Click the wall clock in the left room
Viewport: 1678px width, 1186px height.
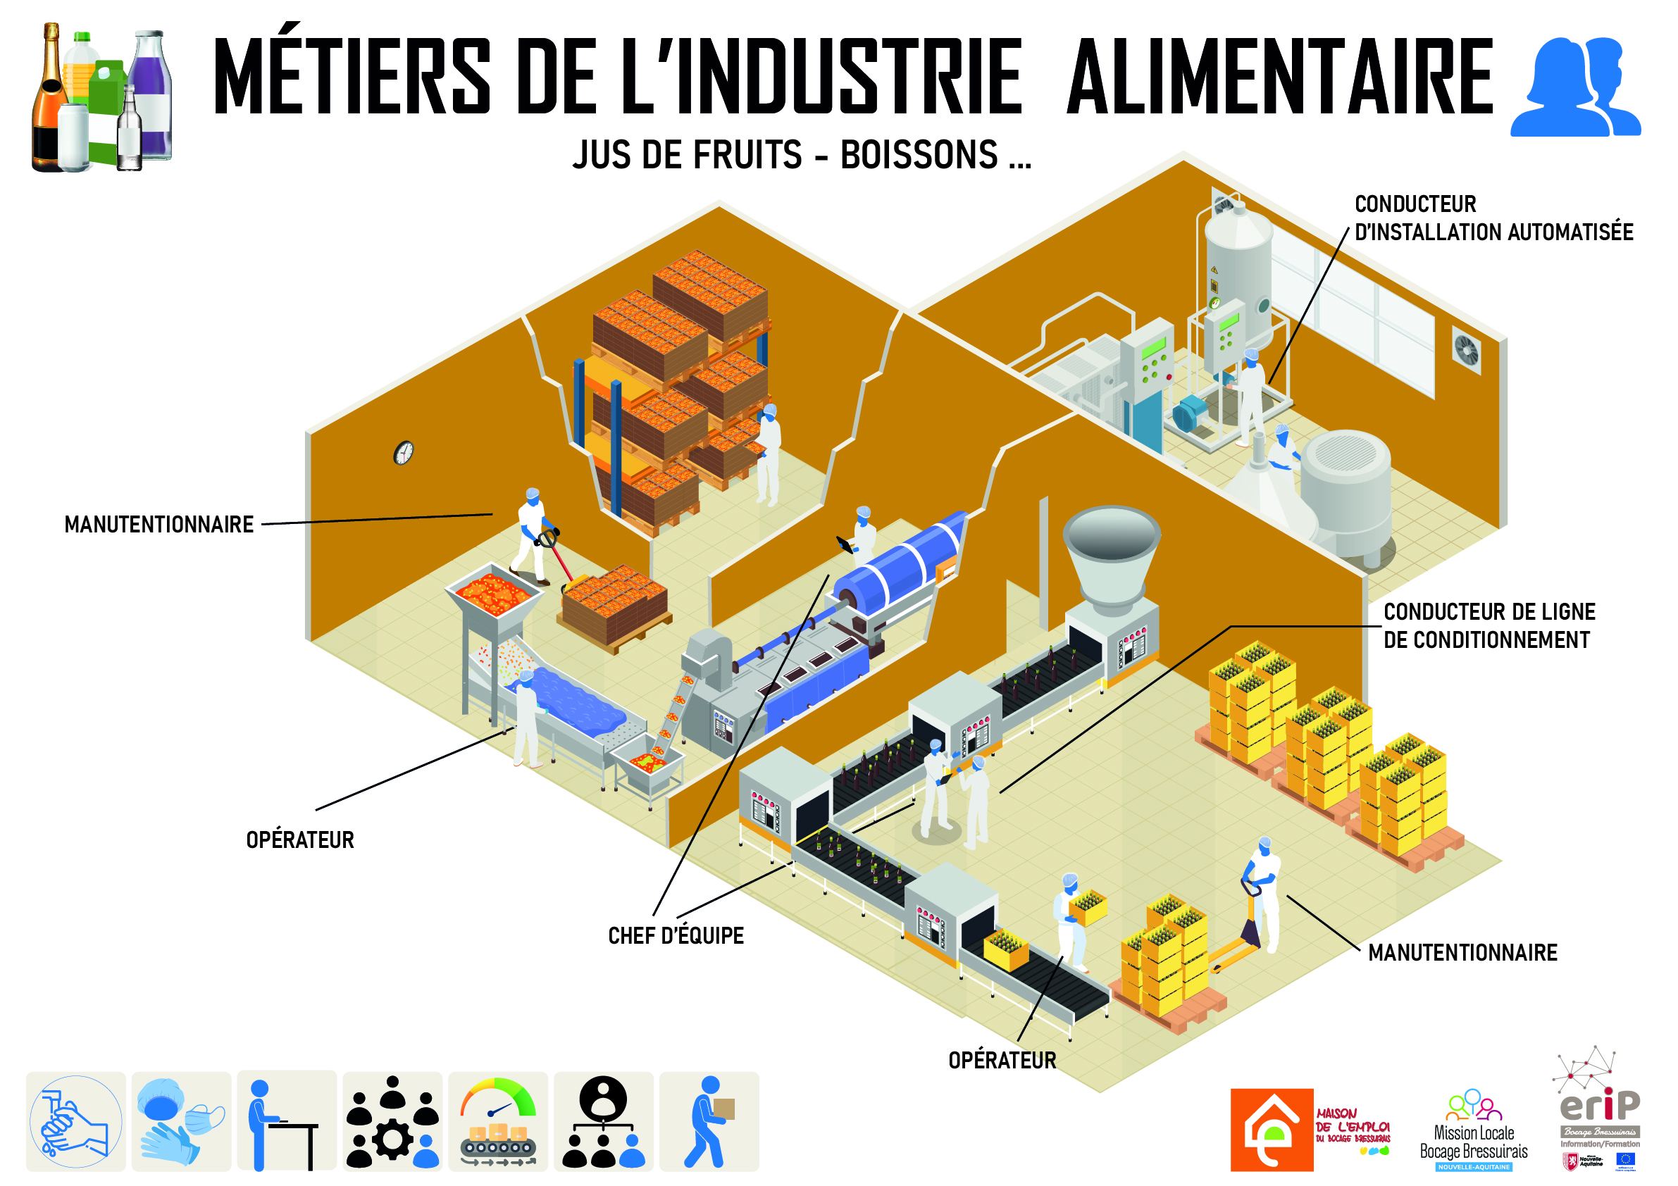404,453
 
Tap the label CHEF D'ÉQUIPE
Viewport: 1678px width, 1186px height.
676,936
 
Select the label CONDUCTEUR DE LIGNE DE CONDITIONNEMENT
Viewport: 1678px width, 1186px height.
1488,626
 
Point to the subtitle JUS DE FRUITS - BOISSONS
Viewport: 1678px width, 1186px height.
801,155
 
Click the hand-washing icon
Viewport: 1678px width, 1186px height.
75,1122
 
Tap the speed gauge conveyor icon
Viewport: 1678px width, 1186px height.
498,1122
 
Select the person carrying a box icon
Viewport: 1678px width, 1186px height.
708,1122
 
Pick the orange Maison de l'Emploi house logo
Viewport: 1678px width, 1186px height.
1272,1130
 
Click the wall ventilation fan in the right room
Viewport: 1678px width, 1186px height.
1465,351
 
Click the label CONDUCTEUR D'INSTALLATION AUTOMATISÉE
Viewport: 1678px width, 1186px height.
1493,218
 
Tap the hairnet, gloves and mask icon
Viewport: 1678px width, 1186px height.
180,1122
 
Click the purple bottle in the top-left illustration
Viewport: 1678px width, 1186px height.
151,95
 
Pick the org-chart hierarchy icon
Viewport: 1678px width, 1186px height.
603,1122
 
